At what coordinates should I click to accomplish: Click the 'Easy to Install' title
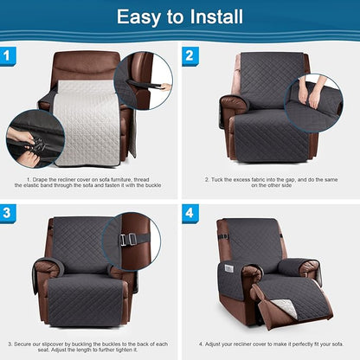(179, 17)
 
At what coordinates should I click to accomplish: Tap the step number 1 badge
(10, 56)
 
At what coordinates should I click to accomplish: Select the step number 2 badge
(190, 56)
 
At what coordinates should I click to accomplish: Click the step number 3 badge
(10, 214)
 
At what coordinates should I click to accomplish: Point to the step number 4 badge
(190, 214)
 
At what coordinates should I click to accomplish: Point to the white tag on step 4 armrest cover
(229, 268)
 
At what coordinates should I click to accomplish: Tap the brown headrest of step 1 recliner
(87, 65)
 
